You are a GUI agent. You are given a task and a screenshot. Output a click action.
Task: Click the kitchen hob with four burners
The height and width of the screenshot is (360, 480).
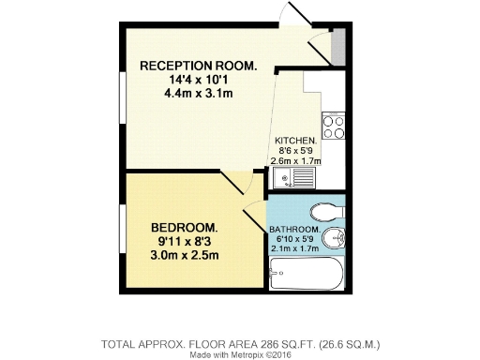[x=334, y=122]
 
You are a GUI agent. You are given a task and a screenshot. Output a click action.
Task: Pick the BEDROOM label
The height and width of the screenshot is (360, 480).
[x=185, y=228]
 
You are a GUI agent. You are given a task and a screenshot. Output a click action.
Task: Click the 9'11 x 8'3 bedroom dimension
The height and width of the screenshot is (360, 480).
[x=185, y=242]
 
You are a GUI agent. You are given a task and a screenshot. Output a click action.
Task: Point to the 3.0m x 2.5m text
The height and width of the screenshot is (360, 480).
[x=185, y=256]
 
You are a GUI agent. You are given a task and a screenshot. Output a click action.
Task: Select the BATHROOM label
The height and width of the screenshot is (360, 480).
[x=295, y=230]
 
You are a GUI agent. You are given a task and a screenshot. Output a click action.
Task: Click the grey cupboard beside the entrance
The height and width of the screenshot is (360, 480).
[x=338, y=44]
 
